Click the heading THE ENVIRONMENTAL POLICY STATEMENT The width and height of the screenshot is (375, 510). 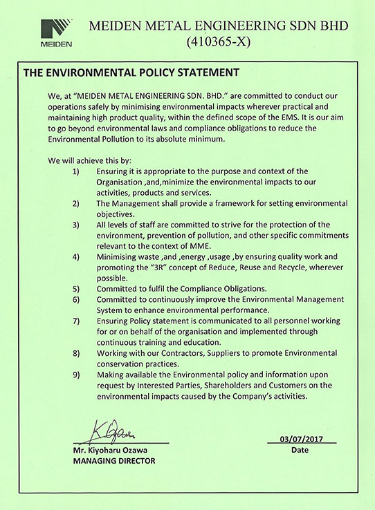pyautogui.click(x=131, y=73)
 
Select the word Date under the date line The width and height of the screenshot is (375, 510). pyautogui.click(x=301, y=450)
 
